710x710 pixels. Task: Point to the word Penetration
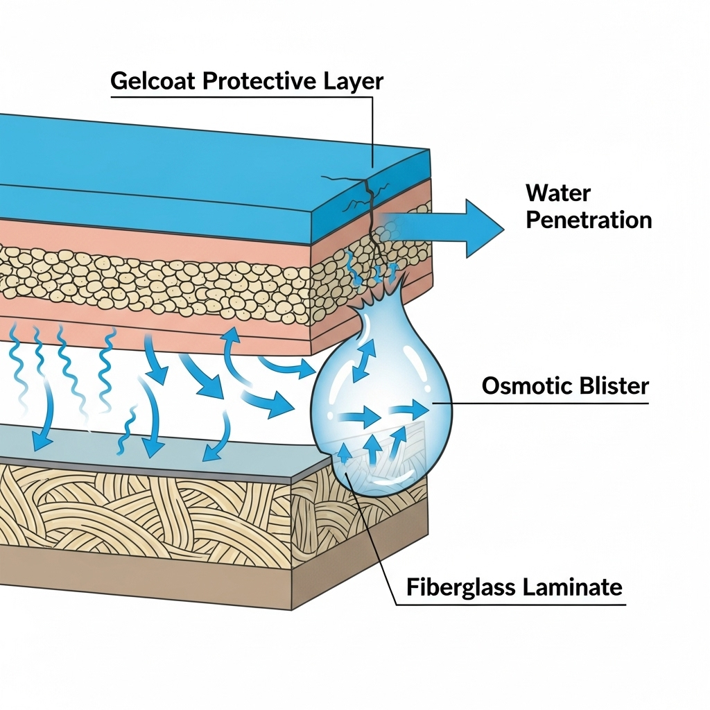click(589, 220)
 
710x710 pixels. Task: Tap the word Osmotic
click(520, 386)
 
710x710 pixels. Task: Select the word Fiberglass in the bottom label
click(459, 587)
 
